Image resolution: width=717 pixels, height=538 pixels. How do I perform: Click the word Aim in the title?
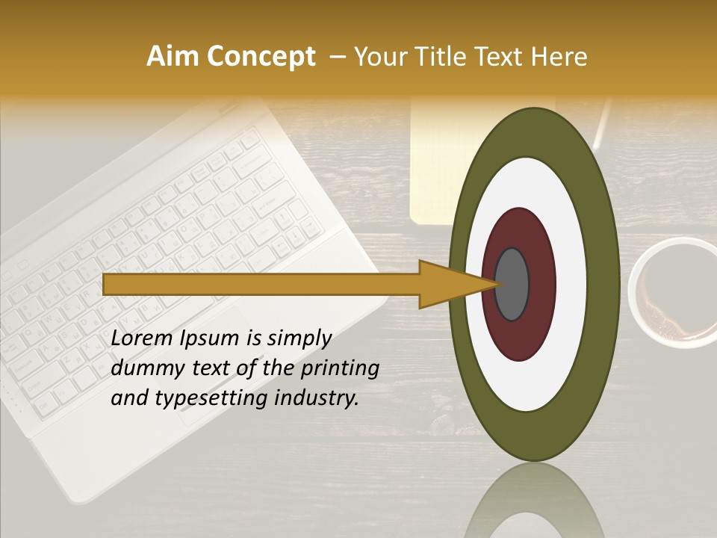pos(173,57)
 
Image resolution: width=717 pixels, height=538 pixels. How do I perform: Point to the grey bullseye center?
pos(512,285)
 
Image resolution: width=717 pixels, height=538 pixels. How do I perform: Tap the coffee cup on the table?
pos(672,293)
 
